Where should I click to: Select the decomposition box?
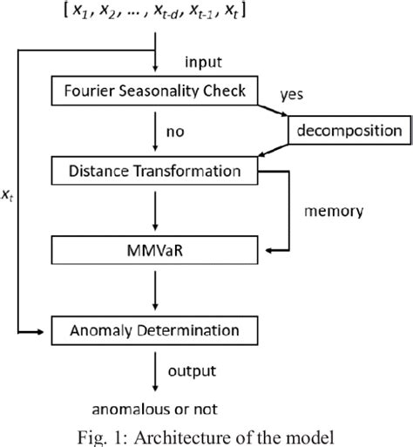348,131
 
